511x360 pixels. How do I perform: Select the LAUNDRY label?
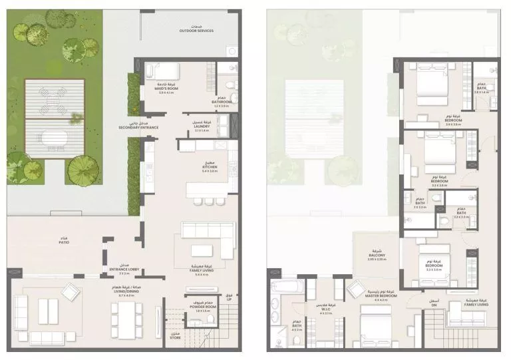point(202,126)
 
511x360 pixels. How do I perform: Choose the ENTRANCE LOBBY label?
point(124,269)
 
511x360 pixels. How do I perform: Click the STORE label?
point(174,337)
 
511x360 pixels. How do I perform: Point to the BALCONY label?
point(372,257)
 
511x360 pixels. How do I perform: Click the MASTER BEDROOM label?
point(381,296)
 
